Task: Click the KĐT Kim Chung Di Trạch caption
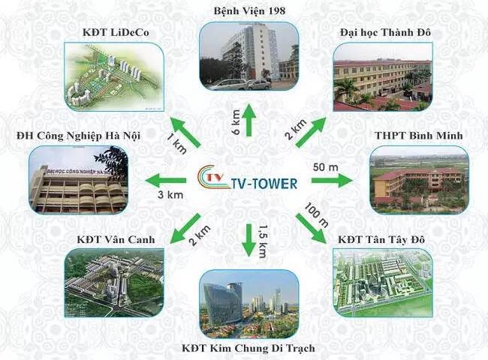pyautogui.click(x=249, y=348)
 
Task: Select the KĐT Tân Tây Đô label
pyautogui.click(x=381, y=239)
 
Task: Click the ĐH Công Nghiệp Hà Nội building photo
pyautogui.click(x=78, y=180)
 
